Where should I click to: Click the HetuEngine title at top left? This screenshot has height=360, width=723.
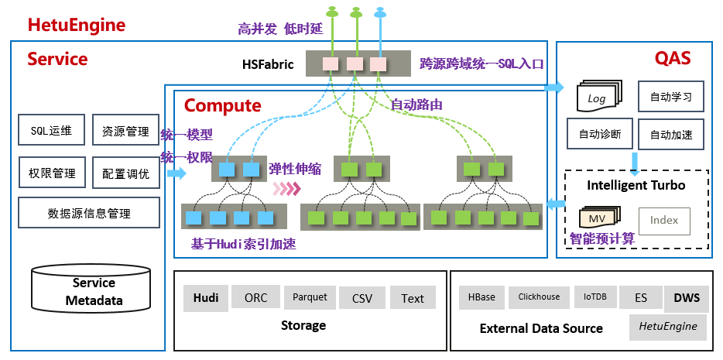pos(77,25)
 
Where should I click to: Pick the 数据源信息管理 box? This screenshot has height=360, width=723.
pos(89,213)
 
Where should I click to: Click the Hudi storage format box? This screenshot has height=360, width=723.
pos(206,298)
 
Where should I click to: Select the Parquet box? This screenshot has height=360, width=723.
pos(310,297)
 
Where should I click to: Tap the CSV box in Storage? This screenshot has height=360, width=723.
pos(362,298)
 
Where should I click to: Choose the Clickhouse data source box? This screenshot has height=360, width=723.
pos(539,297)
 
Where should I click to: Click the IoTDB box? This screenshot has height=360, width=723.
pos(595,297)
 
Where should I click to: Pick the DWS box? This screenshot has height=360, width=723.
pos(686,297)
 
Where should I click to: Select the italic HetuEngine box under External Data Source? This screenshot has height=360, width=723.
pos(667,326)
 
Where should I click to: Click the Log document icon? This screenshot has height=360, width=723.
pos(598,98)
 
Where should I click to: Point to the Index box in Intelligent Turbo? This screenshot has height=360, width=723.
pos(663,221)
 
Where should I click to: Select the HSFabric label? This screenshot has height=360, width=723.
pos(268,64)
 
